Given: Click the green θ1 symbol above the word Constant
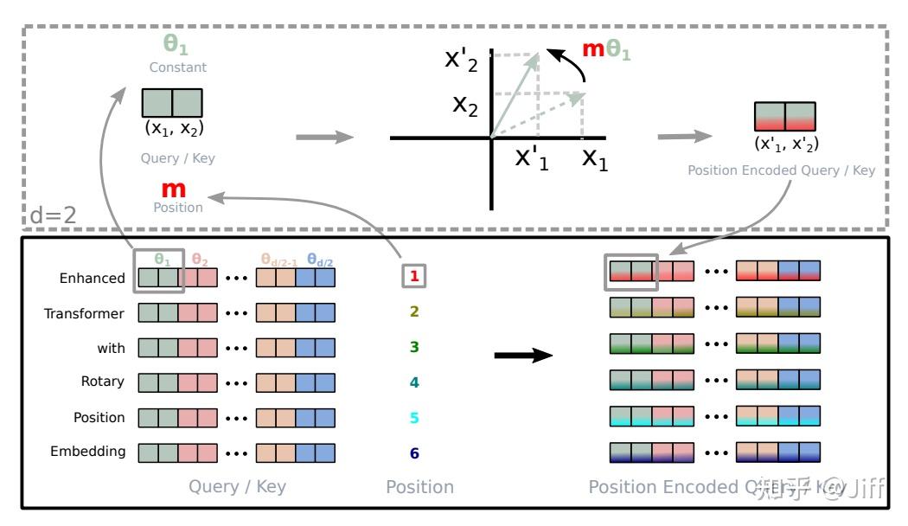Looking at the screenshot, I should pos(176,45).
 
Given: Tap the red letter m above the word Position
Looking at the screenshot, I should pos(174,189).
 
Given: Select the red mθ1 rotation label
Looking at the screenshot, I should pos(605,49).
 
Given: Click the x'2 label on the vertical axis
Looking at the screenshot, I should pos(460,59).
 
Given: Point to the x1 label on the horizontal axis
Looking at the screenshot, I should pos(594,159).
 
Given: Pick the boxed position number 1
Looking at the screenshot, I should pos(414,277).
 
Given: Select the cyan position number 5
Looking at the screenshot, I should pos(414,418).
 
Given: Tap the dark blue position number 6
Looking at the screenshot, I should pos(414,452).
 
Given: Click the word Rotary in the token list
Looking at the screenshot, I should pos(103,382).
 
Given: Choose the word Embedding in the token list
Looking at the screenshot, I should pos(87,452).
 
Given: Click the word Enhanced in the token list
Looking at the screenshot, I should pos(92,278).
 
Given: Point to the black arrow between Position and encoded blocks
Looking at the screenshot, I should pos(522,356).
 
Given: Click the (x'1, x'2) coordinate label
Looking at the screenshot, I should pos(786,144).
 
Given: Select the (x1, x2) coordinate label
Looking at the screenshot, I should pos(173,130).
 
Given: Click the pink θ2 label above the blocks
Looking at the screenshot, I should pos(200,258).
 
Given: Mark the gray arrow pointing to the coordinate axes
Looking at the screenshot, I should pos(324,138).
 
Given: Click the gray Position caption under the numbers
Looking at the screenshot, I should pos(419,487).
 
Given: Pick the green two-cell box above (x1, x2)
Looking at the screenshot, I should pos(172,103).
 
